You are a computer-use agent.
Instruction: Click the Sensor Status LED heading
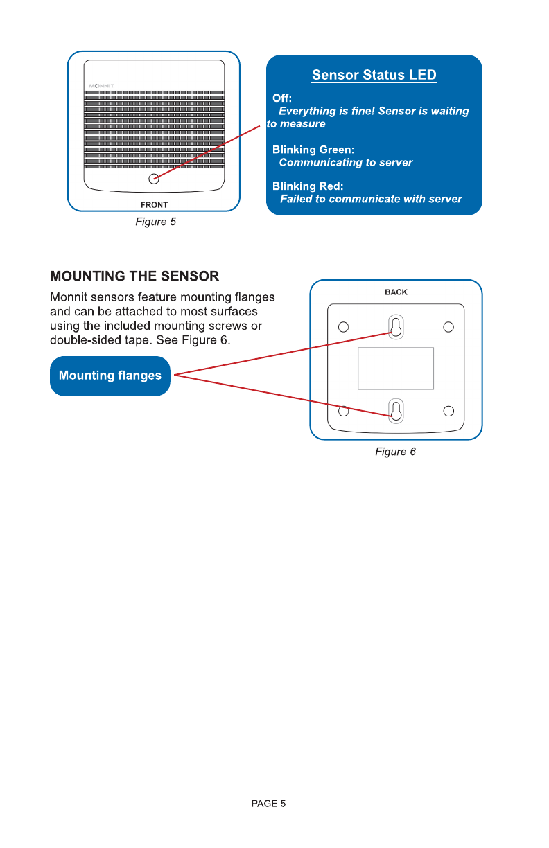click(x=374, y=75)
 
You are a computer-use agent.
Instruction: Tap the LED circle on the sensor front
click(x=154, y=179)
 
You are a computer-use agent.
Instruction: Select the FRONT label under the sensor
click(x=154, y=205)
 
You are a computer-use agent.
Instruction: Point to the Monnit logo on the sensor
click(x=101, y=86)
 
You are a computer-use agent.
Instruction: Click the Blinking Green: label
click(x=313, y=150)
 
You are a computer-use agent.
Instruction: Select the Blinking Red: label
click(x=308, y=186)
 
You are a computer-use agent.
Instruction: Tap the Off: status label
click(x=282, y=98)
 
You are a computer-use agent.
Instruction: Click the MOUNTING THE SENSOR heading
click(x=134, y=276)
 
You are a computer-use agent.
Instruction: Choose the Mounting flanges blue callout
click(x=110, y=376)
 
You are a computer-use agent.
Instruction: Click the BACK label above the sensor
click(x=396, y=292)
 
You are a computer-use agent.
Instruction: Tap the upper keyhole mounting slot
click(x=395, y=328)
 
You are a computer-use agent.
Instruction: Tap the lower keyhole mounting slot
click(x=395, y=411)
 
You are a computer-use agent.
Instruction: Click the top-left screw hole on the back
click(x=342, y=326)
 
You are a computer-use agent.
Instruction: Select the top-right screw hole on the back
click(x=448, y=326)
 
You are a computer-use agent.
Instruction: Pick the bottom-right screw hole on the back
click(x=448, y=412)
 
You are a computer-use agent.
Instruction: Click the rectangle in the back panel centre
click(x=396, y=369)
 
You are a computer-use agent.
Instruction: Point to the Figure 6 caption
click(x=395, y=452)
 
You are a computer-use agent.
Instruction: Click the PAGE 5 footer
click(x=268, y=804)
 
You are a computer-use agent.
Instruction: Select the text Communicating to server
click(x=345, y=163)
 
